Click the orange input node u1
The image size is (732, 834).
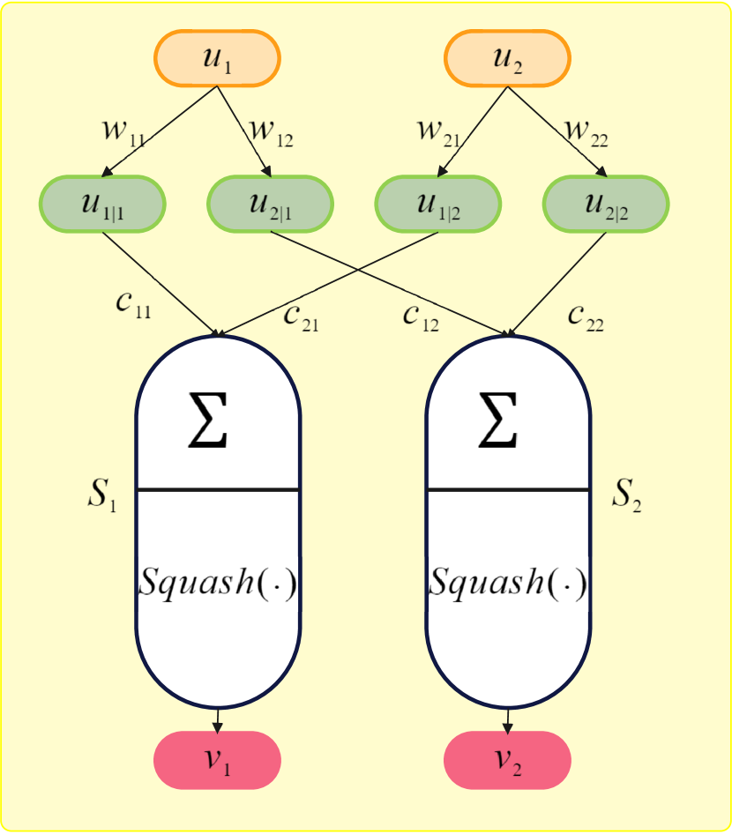click(217, 58)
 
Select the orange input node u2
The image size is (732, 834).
click(507, 58)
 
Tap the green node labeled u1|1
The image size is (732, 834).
click(102, 205)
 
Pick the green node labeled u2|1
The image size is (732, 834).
click(270, 205)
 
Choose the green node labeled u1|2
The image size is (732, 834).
click(438, 205)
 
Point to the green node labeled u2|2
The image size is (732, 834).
click(606, 205)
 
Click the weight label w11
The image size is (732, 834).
click(123, 133)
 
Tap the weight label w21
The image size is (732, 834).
click(438, 133)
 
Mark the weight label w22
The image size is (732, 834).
click(586, 133)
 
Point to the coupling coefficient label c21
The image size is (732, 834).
click(301, 316)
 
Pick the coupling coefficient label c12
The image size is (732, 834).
click(421, 316)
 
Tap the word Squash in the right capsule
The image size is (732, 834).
click(482, 583)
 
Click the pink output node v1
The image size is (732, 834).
click(217, 760)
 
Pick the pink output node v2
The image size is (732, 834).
click(507, 760)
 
